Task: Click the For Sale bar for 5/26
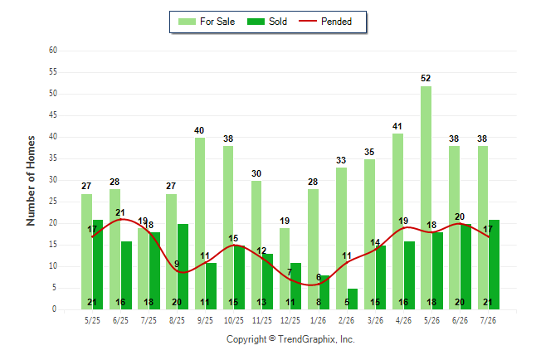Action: click(x=426, y=197)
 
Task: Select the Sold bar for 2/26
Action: click(x=353, y=299)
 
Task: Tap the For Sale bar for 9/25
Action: click(x=200, y=224)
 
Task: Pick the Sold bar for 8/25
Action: click(x=183, y=266)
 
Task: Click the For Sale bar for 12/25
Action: click(x=285, y=269)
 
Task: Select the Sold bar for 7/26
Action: click(x=494, y=265)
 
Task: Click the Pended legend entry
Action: click(x=325, y=22)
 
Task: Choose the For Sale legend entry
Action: click(x=207, y=22)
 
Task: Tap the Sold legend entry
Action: click(x=267, y=22)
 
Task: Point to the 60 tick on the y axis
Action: click(x=52, y=51)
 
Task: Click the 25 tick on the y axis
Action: click(x=52, y=202)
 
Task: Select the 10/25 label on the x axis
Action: click(x=234, y=320)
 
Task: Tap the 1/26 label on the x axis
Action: click(x=319, y=320)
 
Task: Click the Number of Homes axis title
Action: click(x=31, y=181)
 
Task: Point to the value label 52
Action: click(x=426, y=78)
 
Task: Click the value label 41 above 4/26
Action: click(x=397, y=126)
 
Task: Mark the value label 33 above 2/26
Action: click(x=341, y=160)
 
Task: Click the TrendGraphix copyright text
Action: click(x=290, y=339)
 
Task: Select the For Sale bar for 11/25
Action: click(x=256, y=246)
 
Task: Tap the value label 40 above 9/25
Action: click(x=199, y=130)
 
